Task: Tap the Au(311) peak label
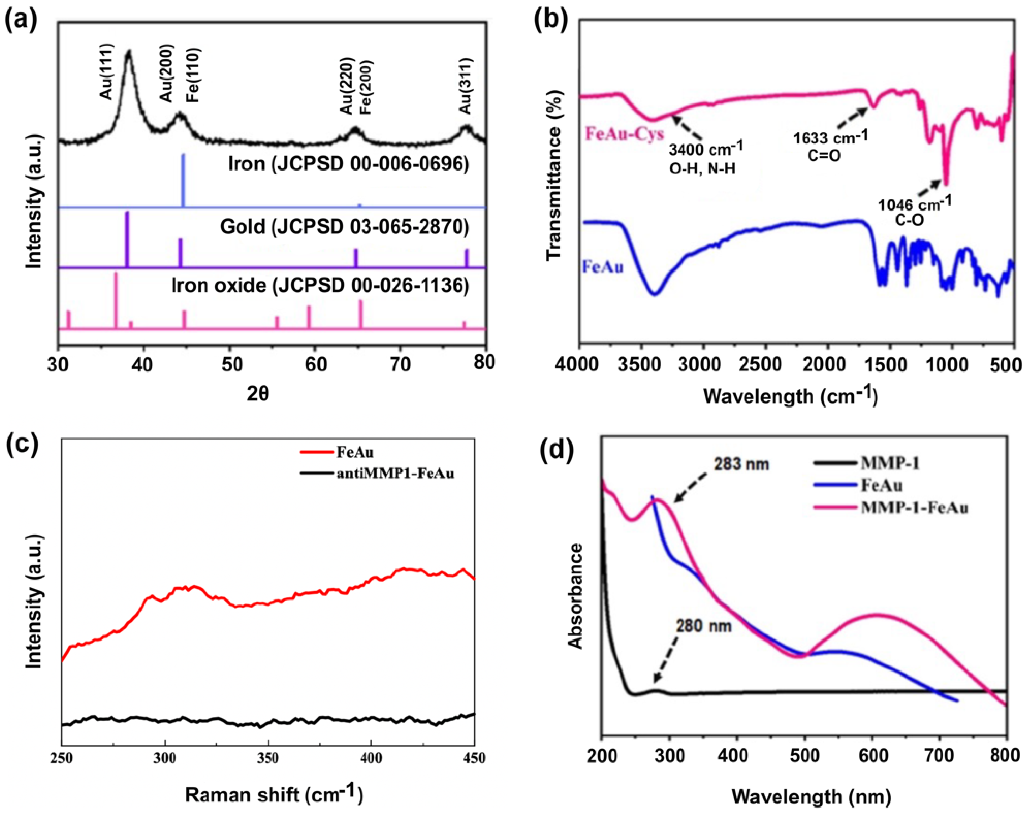[x=466, y=86]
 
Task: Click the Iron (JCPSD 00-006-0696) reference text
[x=349, y=163]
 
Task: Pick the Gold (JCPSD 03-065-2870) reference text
[x=345, y=226]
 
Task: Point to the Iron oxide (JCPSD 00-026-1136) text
[x=320, y=286]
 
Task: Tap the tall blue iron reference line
[x=183, y=181]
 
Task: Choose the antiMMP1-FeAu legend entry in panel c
[x=395, y=474]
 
